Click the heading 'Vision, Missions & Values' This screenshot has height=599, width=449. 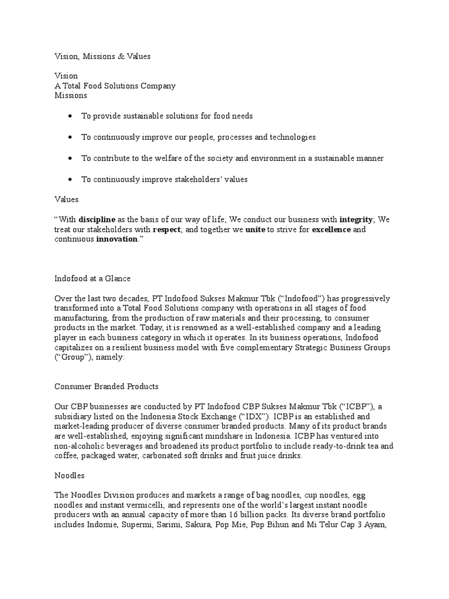tap(102, 56)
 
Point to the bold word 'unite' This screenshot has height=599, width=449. tap(255, 229)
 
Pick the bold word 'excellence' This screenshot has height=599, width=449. tap(331, 229)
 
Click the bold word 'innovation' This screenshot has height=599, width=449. tap(116, 239)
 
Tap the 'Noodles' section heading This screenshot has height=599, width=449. tap(70, 477)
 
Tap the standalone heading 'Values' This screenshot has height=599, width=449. tap(66, 199)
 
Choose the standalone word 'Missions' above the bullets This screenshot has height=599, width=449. tap(70, 95)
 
